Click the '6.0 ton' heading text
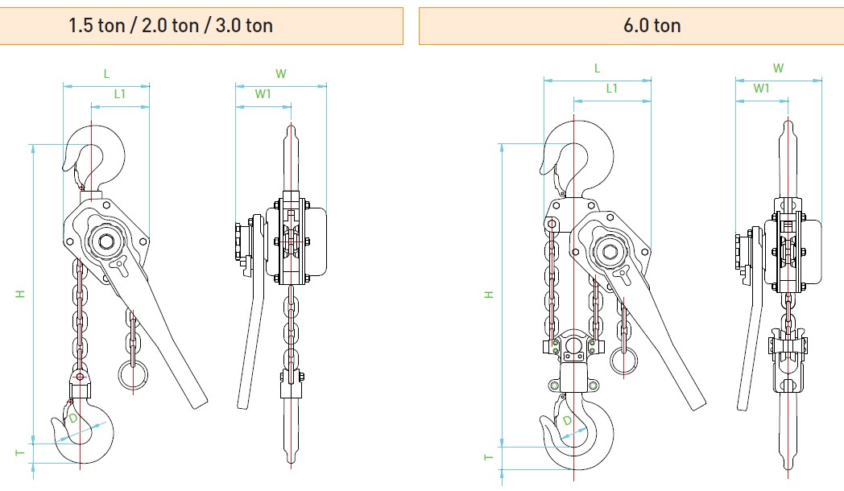coord(652,25)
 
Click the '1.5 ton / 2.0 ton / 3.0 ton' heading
coord(171,25)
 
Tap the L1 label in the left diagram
coord(119,94)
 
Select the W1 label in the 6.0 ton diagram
coord(761,89)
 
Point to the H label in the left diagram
coord(20,294)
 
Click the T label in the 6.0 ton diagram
coord(488,458)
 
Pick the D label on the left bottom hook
coord(72,419)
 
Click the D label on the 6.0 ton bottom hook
coord(567,420)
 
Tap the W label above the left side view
coord(280,74)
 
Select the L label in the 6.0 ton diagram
coord(597,68)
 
